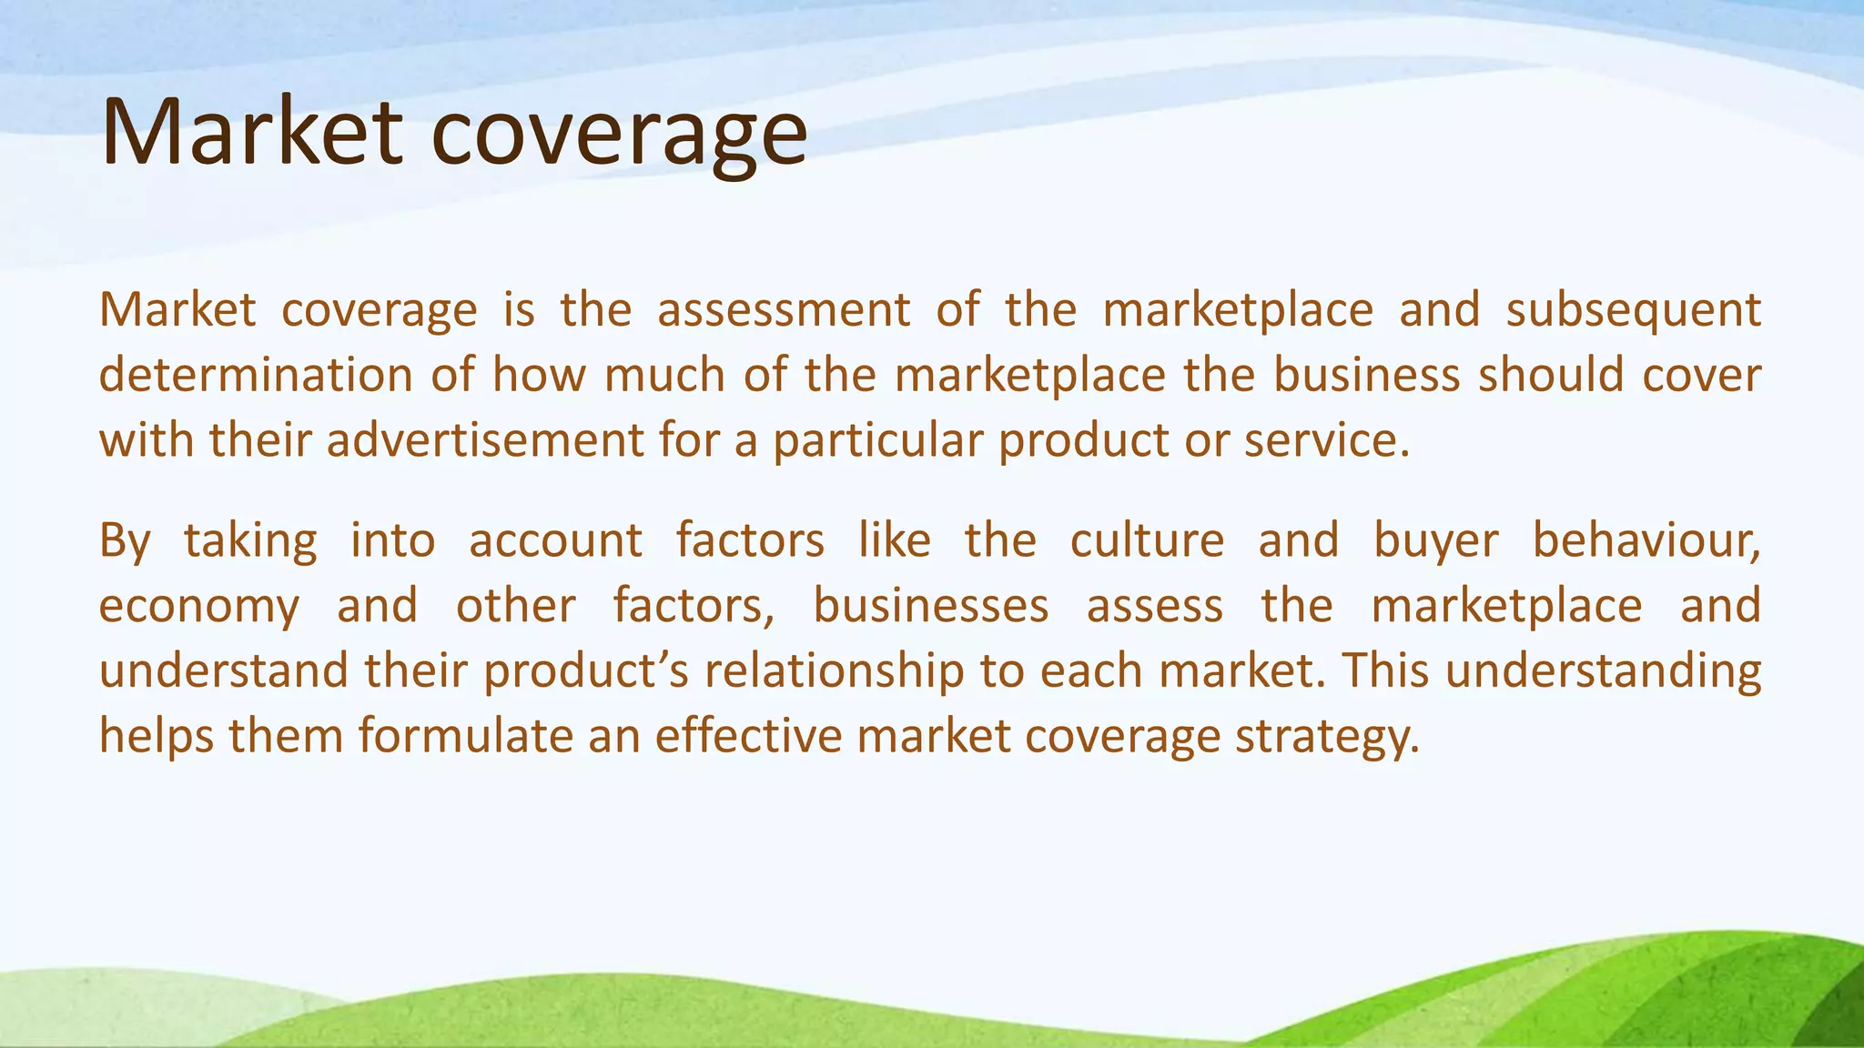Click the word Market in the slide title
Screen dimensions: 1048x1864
click(x=251, y=133)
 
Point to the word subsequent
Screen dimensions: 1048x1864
click(x=1633, y=311)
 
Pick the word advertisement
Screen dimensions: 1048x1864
click(x=485, y=440)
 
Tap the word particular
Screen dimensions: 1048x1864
click(x=877, y=442)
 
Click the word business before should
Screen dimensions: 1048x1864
click(x=1366, y=375)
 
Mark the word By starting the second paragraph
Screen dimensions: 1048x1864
click(x=124, y=542)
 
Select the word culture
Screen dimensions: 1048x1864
click(x=1147, y=540)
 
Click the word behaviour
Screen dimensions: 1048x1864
click(x=1646, y=540)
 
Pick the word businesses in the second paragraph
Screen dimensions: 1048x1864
click(x=930, y=606)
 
